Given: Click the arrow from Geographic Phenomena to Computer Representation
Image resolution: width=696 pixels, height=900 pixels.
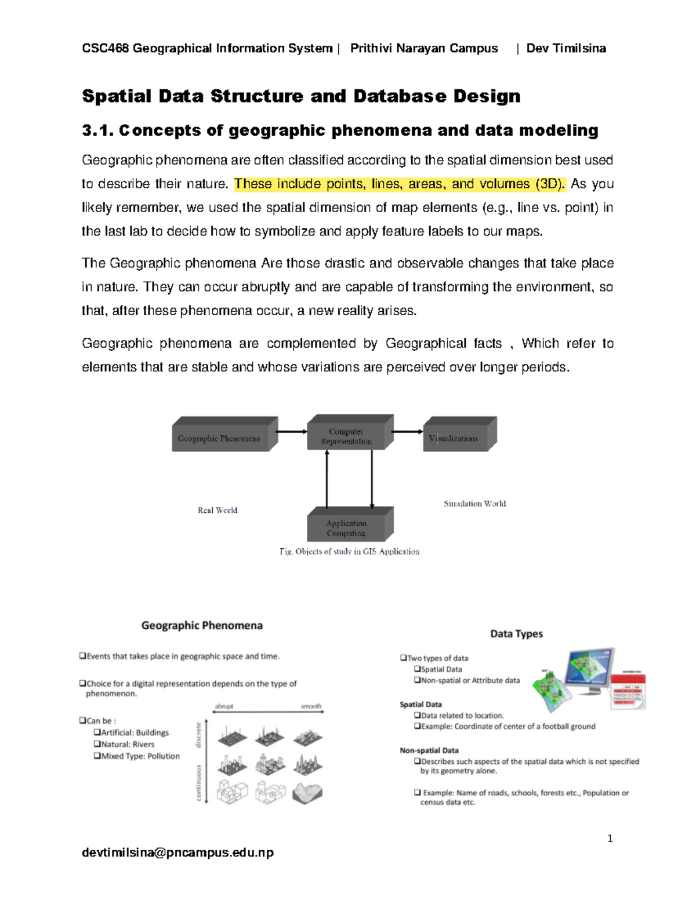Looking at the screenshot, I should point(292,432).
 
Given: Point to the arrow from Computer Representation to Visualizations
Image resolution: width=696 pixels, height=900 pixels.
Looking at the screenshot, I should point(408,432).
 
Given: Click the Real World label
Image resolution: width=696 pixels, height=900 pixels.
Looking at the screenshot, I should point(217,511).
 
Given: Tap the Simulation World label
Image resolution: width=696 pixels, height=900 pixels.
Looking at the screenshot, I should point(475,504).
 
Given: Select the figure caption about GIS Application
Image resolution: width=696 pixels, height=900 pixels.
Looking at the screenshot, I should point(349,552).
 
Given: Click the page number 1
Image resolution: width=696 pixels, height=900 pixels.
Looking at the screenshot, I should point(610,839).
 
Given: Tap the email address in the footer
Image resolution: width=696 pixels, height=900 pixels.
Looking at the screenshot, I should point(178,852).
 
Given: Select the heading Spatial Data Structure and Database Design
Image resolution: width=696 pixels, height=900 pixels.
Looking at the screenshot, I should point(301,96).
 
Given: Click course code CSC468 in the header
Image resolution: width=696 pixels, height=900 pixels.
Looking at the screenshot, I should point(106,48).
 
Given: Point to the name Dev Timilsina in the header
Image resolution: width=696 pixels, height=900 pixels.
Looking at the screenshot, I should point(566,48).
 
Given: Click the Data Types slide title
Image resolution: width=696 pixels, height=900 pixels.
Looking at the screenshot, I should point(516,633).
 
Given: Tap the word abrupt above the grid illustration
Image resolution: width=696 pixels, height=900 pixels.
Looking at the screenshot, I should point(224,706).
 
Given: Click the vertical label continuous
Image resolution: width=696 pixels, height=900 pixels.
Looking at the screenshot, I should point(199,783).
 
